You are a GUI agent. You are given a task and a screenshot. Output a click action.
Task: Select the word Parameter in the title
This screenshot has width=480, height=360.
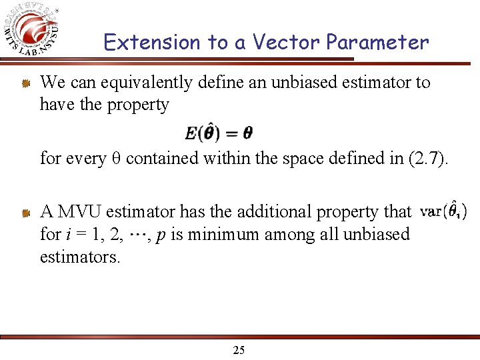point(377,43)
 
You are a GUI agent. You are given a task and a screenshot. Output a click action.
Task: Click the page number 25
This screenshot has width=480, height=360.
point(239,350)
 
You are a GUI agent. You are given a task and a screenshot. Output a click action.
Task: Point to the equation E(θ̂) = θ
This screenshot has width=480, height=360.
point(219,133)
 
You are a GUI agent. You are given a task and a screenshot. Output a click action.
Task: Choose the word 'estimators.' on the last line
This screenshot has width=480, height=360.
point(81,256)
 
